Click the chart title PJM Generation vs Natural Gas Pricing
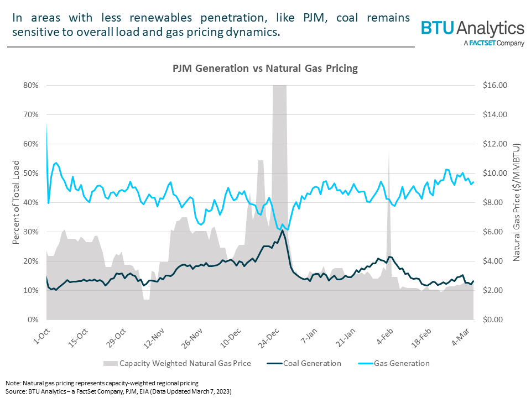265,69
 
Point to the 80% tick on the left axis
30,85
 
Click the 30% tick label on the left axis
30,232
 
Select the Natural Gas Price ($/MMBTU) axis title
517,202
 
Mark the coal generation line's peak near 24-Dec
282,230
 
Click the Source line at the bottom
118,391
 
